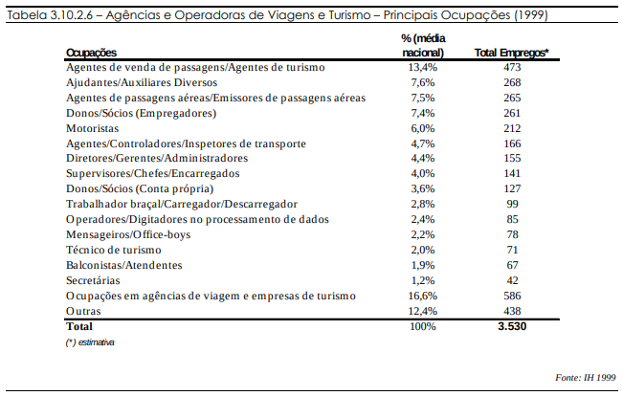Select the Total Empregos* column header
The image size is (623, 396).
coord(511,54)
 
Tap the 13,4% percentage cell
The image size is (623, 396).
coord(421,68)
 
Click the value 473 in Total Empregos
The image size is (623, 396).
coord(512,68)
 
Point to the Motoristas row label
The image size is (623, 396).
coord(93,128)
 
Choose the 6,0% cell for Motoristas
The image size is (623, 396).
coord(422,128)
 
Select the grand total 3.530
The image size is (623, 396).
coord(512,326)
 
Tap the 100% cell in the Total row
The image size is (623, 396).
coord(421,326)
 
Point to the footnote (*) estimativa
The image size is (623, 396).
coord(91,341)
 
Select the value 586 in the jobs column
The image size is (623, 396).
coord(512,296)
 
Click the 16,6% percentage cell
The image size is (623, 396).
coord(421,296)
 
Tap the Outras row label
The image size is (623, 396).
coord(83,311)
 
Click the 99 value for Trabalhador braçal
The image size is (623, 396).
coord(512,204)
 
